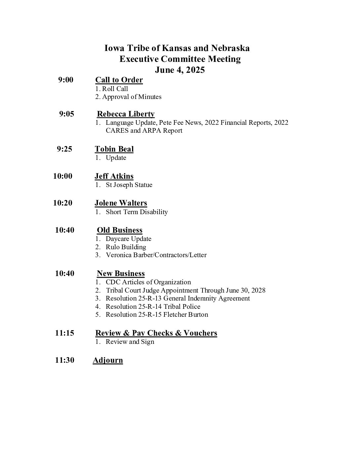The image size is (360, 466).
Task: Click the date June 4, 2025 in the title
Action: pyautogui.click(x=180, y=70)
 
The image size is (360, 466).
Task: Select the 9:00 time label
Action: pyautogui.click(x=66, y=80)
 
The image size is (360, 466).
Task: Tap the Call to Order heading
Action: pyautogui.click(x=119, y=80)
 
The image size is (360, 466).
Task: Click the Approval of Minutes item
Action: pyautogui.click(x=131, y=97)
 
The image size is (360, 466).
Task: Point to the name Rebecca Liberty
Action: pyautogui.click(x=126, y=114)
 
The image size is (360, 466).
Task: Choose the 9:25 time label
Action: pyautogui.click(x=65, y=149)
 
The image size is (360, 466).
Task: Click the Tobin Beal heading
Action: pyautogui.click(x=114, y=149)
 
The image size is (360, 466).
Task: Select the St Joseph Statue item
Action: pyautogui.click(x=129, y=185)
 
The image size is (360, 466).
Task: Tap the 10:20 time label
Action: pyautogui.click(x=63, y=203)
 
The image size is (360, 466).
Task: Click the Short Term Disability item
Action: pyautogui.click(x=137, y=212)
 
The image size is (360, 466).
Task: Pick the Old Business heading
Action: pyautogui.click(x=119, y=230)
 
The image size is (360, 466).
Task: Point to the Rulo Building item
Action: pyautogui.click(x=126, y=247)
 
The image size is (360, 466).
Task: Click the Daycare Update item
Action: pyautogui.click(x=128, y=239)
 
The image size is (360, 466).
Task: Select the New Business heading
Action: pyautogui.click(x=121, y=273)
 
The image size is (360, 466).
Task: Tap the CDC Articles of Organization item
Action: pyautogui.click(x=148, y=282)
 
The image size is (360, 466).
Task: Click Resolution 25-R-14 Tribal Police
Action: pyautogui.click(x=153, y=306)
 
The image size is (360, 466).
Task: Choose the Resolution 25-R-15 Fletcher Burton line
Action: pyautogui.click(x=157, y=314)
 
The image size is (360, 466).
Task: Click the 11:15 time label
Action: pyautogui.click(x=65, y=333)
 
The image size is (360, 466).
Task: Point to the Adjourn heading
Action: pyautogui.click(x=108, y=360)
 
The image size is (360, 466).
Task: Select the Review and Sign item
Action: pyautogui.click(x=130, y=342)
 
